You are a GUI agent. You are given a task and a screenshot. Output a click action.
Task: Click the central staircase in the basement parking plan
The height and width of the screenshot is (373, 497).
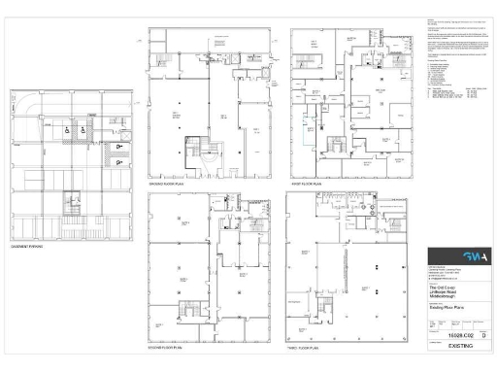71,205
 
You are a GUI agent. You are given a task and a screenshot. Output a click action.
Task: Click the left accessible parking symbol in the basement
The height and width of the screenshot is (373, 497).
67,130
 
